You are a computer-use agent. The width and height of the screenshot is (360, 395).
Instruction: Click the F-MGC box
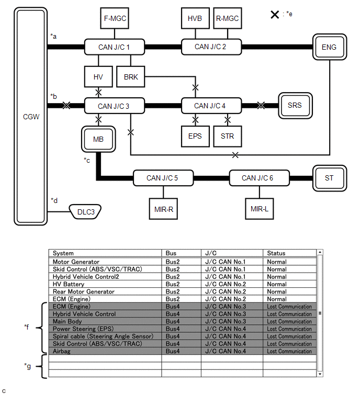click(x=114, y=19)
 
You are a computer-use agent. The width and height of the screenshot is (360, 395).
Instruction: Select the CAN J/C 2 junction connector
click(x=210, y=47)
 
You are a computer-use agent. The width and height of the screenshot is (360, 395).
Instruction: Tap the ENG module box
click(x=329, y=48)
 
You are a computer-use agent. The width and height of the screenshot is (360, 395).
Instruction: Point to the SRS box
click(x=295, y=105)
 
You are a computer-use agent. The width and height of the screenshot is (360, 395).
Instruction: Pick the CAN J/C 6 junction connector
click(x=257, y=178)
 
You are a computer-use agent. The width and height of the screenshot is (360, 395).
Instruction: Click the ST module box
click(x=329, y=178)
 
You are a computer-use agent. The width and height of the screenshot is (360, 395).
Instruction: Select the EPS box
click(x=195, y=137)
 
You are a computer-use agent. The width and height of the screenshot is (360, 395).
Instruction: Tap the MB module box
click(x=98, y=139)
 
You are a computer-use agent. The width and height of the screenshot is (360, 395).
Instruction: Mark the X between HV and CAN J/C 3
click(x=98, y=92)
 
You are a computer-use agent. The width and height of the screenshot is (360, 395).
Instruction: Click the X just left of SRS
click(x=261, y=106)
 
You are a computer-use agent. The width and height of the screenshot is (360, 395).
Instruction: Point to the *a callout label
click(x=53, y=36)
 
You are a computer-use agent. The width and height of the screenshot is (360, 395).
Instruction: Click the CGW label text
click(x=31, y=117)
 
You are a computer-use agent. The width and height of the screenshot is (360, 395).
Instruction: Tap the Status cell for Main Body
click(x=289, y=322)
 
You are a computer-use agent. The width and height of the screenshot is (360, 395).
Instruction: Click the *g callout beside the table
click(x=28, y=365)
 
